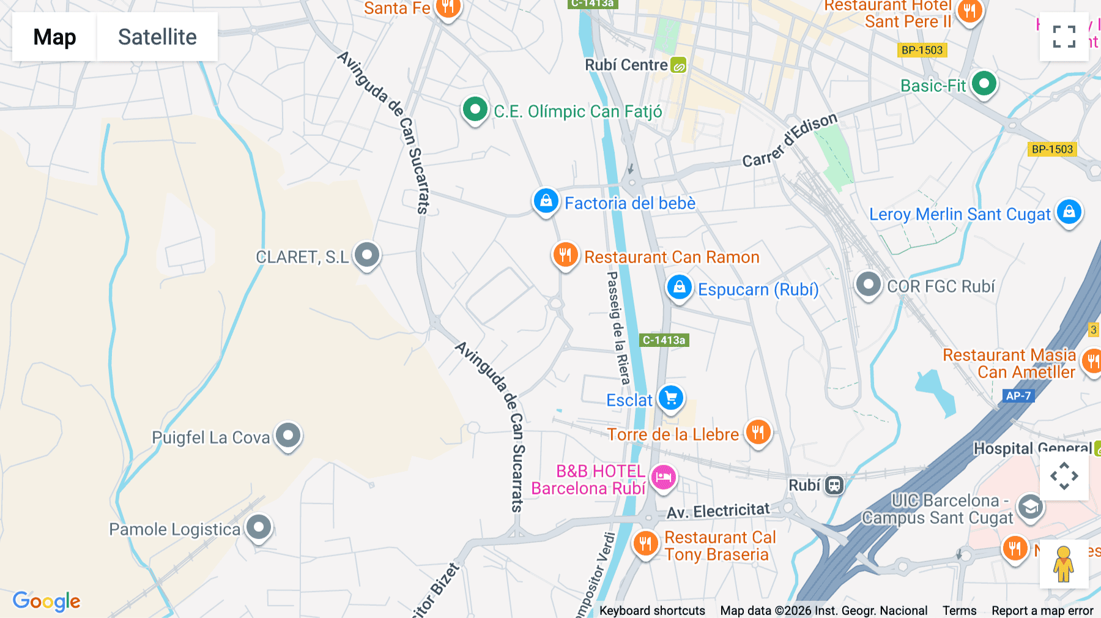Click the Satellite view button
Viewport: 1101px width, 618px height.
157,37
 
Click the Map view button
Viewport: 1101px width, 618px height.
54,37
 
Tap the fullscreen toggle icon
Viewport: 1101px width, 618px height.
1064,37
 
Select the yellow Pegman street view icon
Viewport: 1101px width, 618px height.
1063,564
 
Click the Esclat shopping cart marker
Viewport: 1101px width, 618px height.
671,398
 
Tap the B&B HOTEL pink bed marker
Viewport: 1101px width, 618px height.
663,477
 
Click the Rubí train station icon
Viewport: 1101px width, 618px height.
834,485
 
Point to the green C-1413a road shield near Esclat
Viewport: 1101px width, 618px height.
664,340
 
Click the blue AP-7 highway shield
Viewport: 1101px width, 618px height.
1018,396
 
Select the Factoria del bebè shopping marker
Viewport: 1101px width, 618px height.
546,201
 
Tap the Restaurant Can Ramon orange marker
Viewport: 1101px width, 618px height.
565,255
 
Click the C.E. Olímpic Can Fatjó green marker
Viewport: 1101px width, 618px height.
475,110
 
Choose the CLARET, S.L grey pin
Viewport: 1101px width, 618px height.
367,254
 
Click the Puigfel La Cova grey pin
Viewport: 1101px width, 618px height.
288,436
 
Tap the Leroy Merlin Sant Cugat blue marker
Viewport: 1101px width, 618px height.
1069,212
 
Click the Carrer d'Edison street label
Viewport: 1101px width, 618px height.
789,141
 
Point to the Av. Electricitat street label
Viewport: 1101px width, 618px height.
718,512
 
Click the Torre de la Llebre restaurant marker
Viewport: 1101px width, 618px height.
758,432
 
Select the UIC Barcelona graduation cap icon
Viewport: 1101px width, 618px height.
1030,507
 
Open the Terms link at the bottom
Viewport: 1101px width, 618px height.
959,611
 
